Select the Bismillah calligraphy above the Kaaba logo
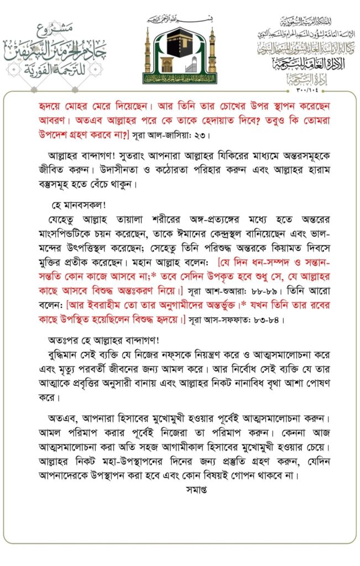(180, 18)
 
